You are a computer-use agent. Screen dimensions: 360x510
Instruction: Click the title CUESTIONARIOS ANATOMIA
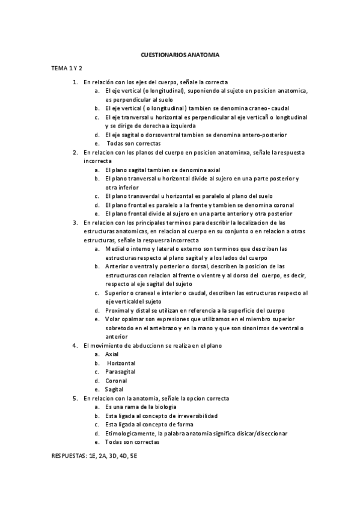pyautogui.click(x=180, y=55)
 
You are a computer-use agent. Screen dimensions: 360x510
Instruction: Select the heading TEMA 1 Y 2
pyautogui.click(x=66, y=69)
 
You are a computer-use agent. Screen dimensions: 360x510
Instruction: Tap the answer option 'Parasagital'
pyautogui.click(x=120, y=372)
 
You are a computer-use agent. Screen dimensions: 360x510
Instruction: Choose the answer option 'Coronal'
pyautogui.click(x=115, y=381)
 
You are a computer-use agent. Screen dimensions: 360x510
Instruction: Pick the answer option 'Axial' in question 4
pyautogui.click(x=112, y=354)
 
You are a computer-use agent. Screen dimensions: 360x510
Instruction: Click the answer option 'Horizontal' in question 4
pyautogui.click(x=121, y=363)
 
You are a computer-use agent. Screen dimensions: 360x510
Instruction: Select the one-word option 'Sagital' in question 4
pyautogui.click(x=114, y=389)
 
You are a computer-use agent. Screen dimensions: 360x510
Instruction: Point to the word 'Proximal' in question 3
pyautogui.click(x=117, y=310)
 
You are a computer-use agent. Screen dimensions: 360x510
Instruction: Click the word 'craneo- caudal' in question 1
pyautogui.click(x=267, y=108)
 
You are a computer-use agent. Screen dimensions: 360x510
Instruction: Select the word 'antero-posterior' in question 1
pyautogui.click(x=264, y=135)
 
